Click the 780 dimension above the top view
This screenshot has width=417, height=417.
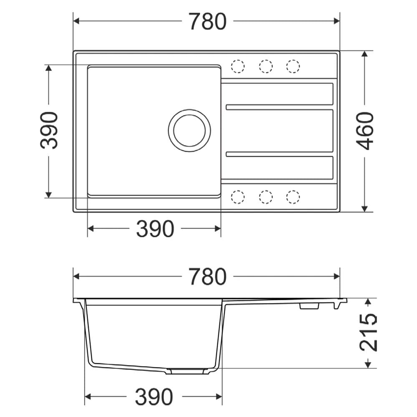[207, 22]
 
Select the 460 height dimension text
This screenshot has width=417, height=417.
[366, 131]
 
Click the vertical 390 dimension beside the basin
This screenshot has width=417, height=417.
[49, 130]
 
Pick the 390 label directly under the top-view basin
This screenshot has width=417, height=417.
[155, 229]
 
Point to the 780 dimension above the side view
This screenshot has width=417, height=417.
[207, 277]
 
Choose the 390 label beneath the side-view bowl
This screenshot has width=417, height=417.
[153, 397]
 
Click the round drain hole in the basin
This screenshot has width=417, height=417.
[189, 131]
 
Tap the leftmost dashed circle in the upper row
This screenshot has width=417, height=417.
[238, 66]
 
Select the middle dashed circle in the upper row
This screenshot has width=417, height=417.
[266, 66]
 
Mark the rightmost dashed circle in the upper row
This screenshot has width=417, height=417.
[293, 66]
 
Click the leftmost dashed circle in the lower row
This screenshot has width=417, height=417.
[238, 197]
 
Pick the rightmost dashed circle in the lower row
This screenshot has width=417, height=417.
[293, 197]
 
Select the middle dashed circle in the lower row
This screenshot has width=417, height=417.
[266, 197]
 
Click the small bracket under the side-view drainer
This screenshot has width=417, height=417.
[309, 306]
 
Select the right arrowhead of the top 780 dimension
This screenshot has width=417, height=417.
[337, 21]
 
